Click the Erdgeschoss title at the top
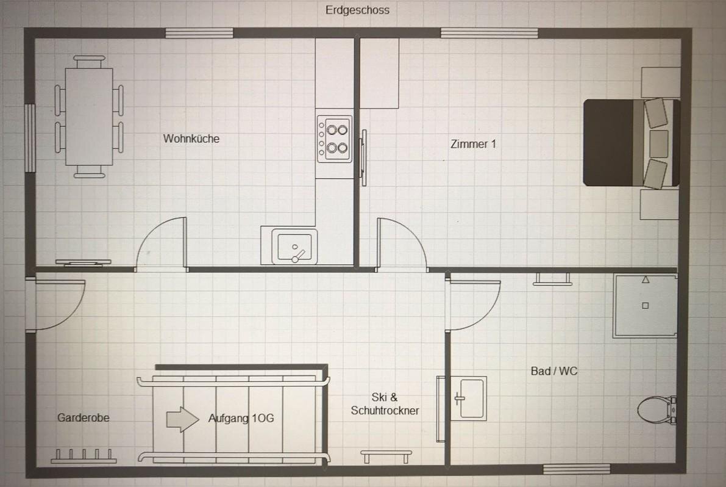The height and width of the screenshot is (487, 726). (x=357, y=10)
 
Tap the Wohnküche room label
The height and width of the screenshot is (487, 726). (x=191, y=139)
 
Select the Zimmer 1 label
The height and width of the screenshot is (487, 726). (x=473, y=144)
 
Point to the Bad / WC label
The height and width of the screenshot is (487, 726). (x=554, y=371)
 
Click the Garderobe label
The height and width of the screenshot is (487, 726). (x=84, y=418)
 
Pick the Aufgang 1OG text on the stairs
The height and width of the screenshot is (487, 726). (x=241, y=419)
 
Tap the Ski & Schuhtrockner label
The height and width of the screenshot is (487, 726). (x=385, y=403)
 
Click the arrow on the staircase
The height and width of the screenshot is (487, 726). (x=182, y=419)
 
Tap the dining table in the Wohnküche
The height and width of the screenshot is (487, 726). (x=89, y=117)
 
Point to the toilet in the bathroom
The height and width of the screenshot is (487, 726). (x=657, y=409)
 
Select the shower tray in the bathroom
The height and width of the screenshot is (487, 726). (x=645, y=306)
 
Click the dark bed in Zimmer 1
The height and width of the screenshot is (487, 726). (x=631, y=143)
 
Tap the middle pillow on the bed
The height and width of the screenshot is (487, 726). (x=659, y=144)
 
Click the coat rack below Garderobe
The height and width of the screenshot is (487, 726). (x=84, y=456)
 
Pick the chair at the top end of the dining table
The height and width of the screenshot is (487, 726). (x=90, y=62)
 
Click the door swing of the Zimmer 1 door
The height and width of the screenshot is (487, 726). (x=402, y=243)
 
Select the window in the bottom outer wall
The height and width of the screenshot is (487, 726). (x=577, y=469)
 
